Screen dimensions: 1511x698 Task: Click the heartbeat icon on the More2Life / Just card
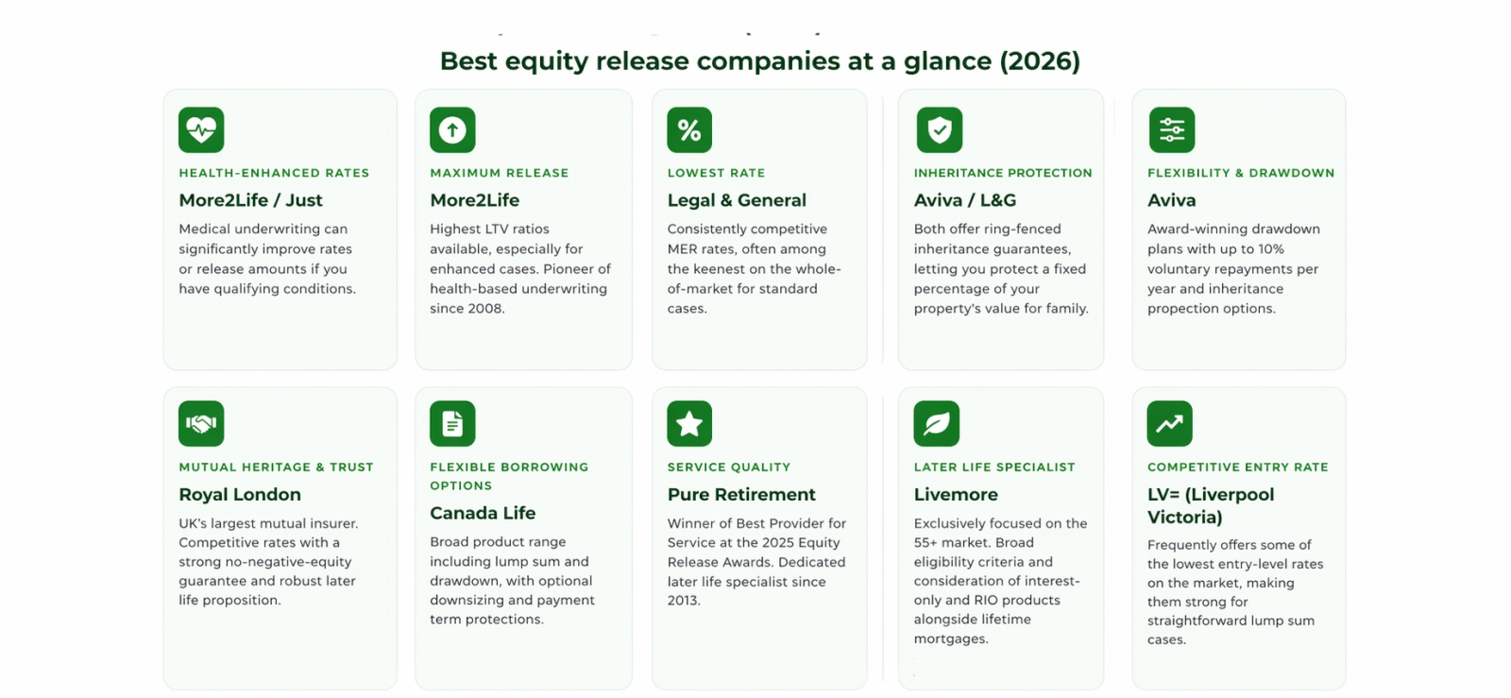(201, 129)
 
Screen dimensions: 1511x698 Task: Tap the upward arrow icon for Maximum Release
(452, 129)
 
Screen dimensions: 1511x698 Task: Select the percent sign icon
(689, 129)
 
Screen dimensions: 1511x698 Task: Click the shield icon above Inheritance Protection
(939, 129)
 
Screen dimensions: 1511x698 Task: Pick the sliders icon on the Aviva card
(1172, 129)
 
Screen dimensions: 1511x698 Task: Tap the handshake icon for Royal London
(201, 423)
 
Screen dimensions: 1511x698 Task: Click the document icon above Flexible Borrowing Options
(452, 423)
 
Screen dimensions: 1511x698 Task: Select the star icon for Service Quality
(689, 423)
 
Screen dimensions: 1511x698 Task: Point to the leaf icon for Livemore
(936, 423)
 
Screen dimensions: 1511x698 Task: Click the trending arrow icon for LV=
(1170, 423)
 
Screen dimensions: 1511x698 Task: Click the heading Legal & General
(737, 200)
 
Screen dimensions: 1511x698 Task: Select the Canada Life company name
(483, 513)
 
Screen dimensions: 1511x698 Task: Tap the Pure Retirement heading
(741, 494)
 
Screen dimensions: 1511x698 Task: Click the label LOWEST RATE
(717, 173)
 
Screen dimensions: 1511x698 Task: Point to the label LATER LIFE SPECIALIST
(994, 467)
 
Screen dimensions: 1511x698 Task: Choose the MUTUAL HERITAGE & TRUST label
(276, 467)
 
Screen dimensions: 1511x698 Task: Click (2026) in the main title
(1040, 61)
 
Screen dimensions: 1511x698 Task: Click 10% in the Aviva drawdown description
(1271, 248)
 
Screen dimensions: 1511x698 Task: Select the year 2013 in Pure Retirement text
(685, 600)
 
